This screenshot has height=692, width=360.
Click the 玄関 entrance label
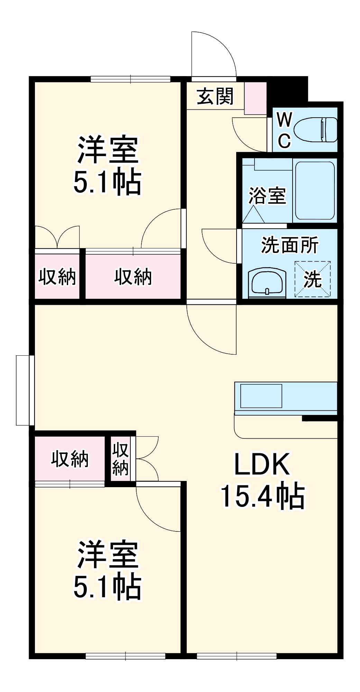[x=215, y=97]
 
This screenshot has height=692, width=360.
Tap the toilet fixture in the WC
[x=315, y=130]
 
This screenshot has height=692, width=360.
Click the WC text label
[x=284, y=130]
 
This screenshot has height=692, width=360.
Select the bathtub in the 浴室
[x=314, y=191]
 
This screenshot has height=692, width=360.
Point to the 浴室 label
[x=267, y=196]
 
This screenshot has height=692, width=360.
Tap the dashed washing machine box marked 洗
[x=312, y=279]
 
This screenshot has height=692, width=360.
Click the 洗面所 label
[x=289, y=245]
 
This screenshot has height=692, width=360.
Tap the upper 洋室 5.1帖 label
[x=108, y=165]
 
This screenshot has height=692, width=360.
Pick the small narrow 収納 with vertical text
[x=120, y=459]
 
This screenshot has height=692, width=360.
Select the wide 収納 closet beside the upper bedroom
[x=133, y=276]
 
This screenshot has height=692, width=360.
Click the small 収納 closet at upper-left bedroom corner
[x=57, y=276]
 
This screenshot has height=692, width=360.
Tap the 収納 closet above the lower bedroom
[x=70, y=459]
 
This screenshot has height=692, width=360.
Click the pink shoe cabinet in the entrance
[x=255, y=98]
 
